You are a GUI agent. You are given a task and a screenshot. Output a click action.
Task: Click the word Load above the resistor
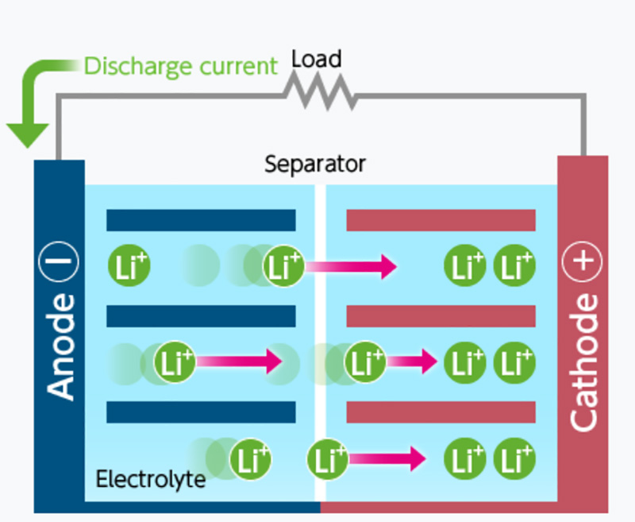316,59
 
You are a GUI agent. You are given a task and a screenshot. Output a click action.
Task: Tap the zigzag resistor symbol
321,94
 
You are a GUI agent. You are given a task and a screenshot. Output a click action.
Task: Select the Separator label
315,164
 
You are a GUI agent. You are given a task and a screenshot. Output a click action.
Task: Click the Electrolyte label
151,480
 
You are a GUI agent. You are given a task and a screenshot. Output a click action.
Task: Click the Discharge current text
181,65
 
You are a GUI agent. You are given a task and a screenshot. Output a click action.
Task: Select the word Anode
60,346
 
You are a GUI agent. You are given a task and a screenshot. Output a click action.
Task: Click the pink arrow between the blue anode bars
238,362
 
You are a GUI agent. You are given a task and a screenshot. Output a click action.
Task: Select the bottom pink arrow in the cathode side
386,458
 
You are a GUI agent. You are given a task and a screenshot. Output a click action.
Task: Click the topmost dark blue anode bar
201,220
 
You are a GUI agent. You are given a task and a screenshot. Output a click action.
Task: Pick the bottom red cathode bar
441,412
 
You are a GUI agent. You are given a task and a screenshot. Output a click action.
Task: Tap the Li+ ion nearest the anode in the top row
129,266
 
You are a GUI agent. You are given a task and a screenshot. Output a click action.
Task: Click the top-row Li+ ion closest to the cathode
514,266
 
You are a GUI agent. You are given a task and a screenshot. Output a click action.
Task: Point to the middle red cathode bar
441,316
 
